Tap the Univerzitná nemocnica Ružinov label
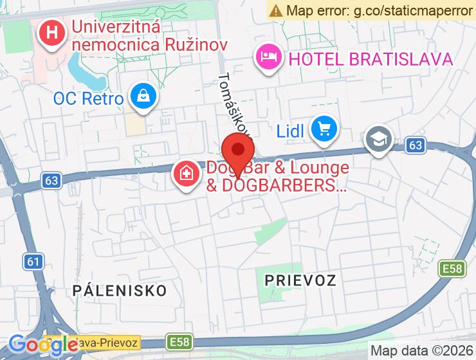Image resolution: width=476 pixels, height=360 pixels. tap(150, 37)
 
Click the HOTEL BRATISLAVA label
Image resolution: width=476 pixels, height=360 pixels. tap(371, 59)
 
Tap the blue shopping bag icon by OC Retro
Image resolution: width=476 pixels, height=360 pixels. tap(143, 97)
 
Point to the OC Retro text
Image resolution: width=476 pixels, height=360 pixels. tap(88, 99)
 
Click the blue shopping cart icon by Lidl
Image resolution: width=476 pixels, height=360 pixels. tap(324, 129)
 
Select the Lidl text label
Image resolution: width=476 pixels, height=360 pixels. tap(290, 131)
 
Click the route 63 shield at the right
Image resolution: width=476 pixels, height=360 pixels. tap(416, 146)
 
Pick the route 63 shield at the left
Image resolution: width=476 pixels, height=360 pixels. tap(52, 181)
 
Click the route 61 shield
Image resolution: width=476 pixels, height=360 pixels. tap(34, 260)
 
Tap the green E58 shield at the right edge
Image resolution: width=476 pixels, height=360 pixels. tap(452, 268)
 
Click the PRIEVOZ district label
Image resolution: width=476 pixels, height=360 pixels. tap(300, 280)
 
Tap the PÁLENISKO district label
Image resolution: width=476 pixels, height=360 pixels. tap(120, 289)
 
